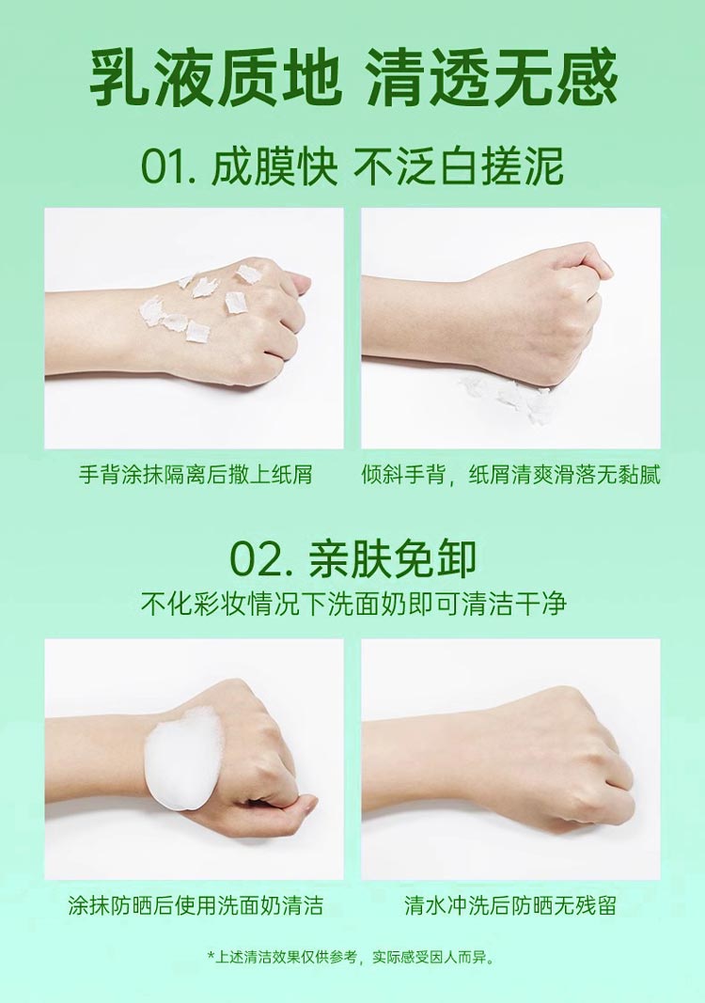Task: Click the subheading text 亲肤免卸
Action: pos(392,559)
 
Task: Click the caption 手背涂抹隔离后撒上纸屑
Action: pos(196,475)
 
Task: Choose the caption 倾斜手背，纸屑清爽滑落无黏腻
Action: pos(510,475)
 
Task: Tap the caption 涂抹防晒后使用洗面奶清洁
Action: pos(196,905)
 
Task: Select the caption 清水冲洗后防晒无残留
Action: pos(510,905)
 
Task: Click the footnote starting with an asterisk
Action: pos(352,957)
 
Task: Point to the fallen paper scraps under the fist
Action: pos(506,396)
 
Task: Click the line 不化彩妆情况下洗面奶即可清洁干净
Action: pos(353,603)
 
